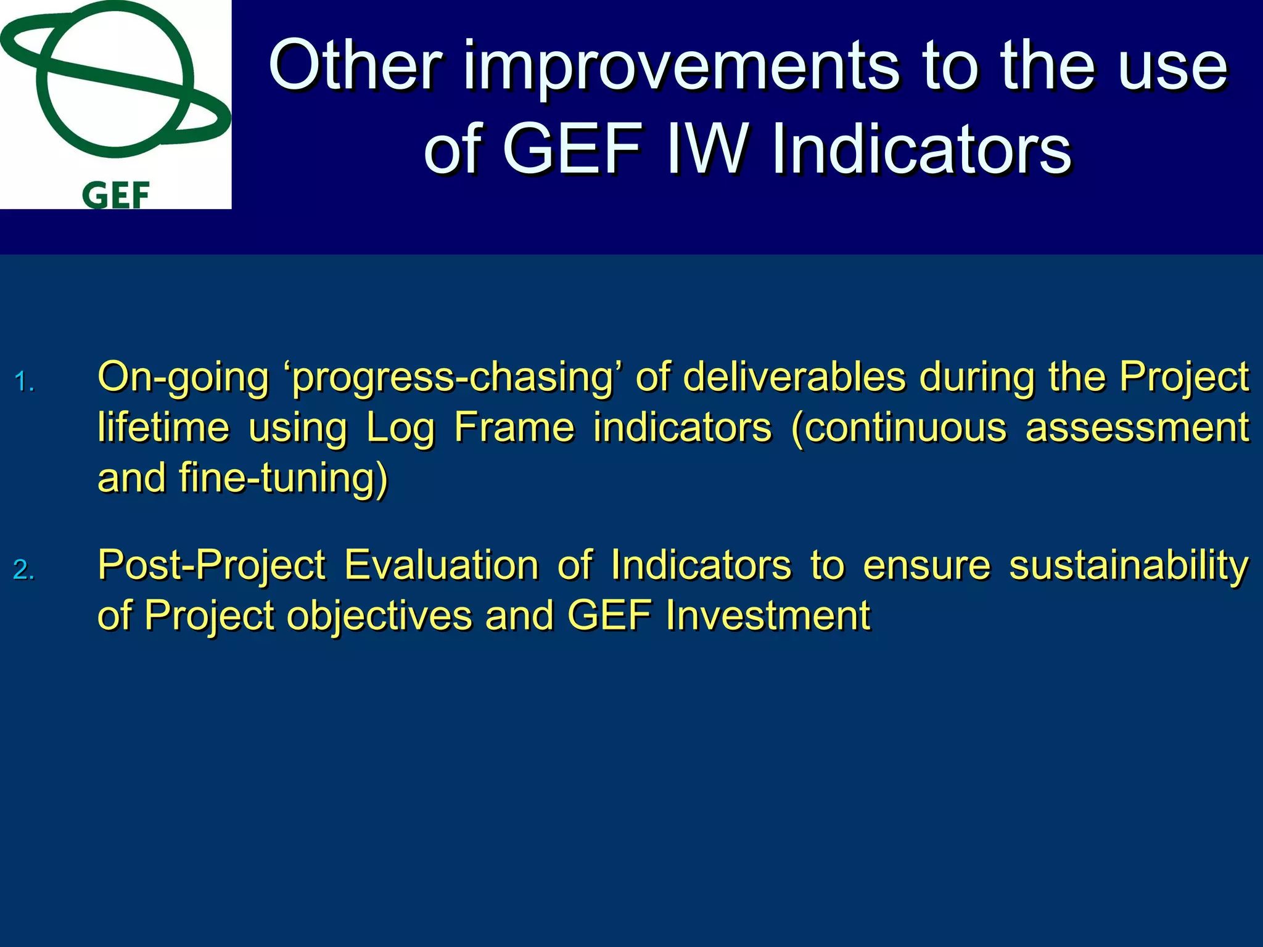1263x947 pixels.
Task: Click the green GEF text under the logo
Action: point(116,195)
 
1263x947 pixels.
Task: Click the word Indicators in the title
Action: point(921,149)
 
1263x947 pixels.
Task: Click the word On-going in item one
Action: point(183,378)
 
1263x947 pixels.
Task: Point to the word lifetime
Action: point(163,427)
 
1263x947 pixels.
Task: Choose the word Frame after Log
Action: point(514,427)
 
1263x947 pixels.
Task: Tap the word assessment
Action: point(1137,427)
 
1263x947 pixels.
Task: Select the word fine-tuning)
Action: point(284,478)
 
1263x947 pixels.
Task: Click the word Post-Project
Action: point(212,565)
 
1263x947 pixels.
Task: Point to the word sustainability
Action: point(1129,565)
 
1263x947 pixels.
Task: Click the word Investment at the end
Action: point(768,615)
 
